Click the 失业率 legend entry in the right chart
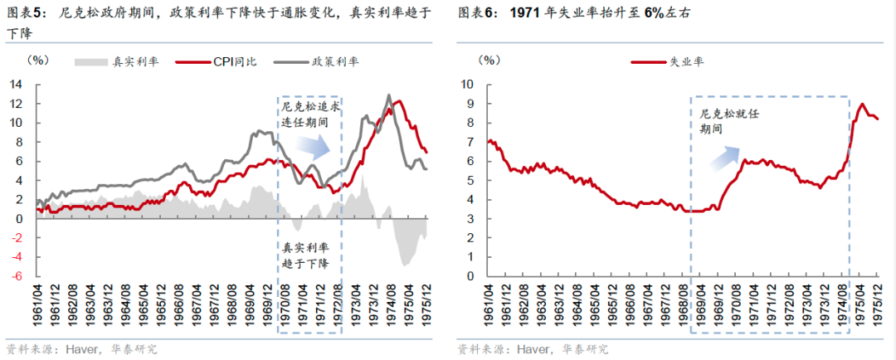pos(674,61)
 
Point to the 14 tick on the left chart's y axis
pos(16,84)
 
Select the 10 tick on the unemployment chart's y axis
pos(466,84)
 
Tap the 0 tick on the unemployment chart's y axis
pos(470,276)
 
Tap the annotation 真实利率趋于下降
pos(308,256)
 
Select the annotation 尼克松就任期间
pos(718,121)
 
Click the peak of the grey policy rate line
pos(388,95)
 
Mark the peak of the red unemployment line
pos(863,105)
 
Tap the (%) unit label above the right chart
pos(490,61)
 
